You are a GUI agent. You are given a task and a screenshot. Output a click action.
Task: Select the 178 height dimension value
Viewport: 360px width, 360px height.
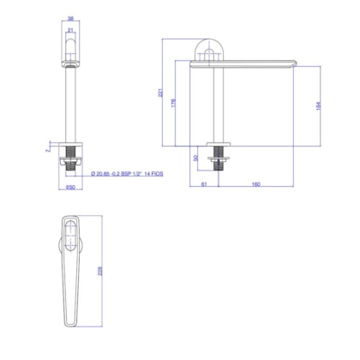point(174,104)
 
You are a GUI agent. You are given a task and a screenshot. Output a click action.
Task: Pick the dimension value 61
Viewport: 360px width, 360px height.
point(204,184)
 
